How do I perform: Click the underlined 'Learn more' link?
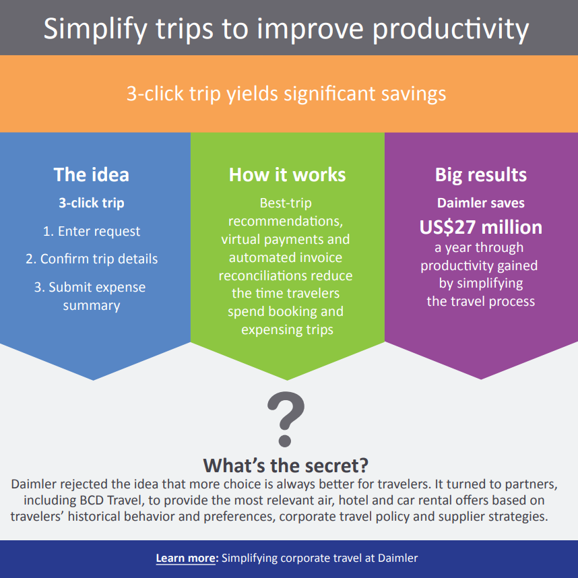click(185, 558)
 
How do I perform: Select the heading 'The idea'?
click(92, 174)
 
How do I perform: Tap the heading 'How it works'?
click(287, 174)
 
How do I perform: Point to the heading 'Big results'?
click(481, 175)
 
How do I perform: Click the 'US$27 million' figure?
click(481, 227)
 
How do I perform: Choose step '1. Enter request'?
click(92, 232)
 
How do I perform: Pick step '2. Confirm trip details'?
click(92, 259)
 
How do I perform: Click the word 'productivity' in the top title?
click(451, 30)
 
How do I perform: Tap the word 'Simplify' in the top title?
click(95, 30)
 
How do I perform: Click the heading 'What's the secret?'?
click(286, 465)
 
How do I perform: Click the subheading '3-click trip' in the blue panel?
click(92, 203)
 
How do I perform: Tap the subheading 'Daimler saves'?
click(481, 203)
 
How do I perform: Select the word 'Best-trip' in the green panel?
click(286, 203)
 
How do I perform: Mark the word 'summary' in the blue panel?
click(92, 306)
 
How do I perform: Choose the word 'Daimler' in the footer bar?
click(397, 558)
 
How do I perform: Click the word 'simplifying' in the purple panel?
click(490, 284)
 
